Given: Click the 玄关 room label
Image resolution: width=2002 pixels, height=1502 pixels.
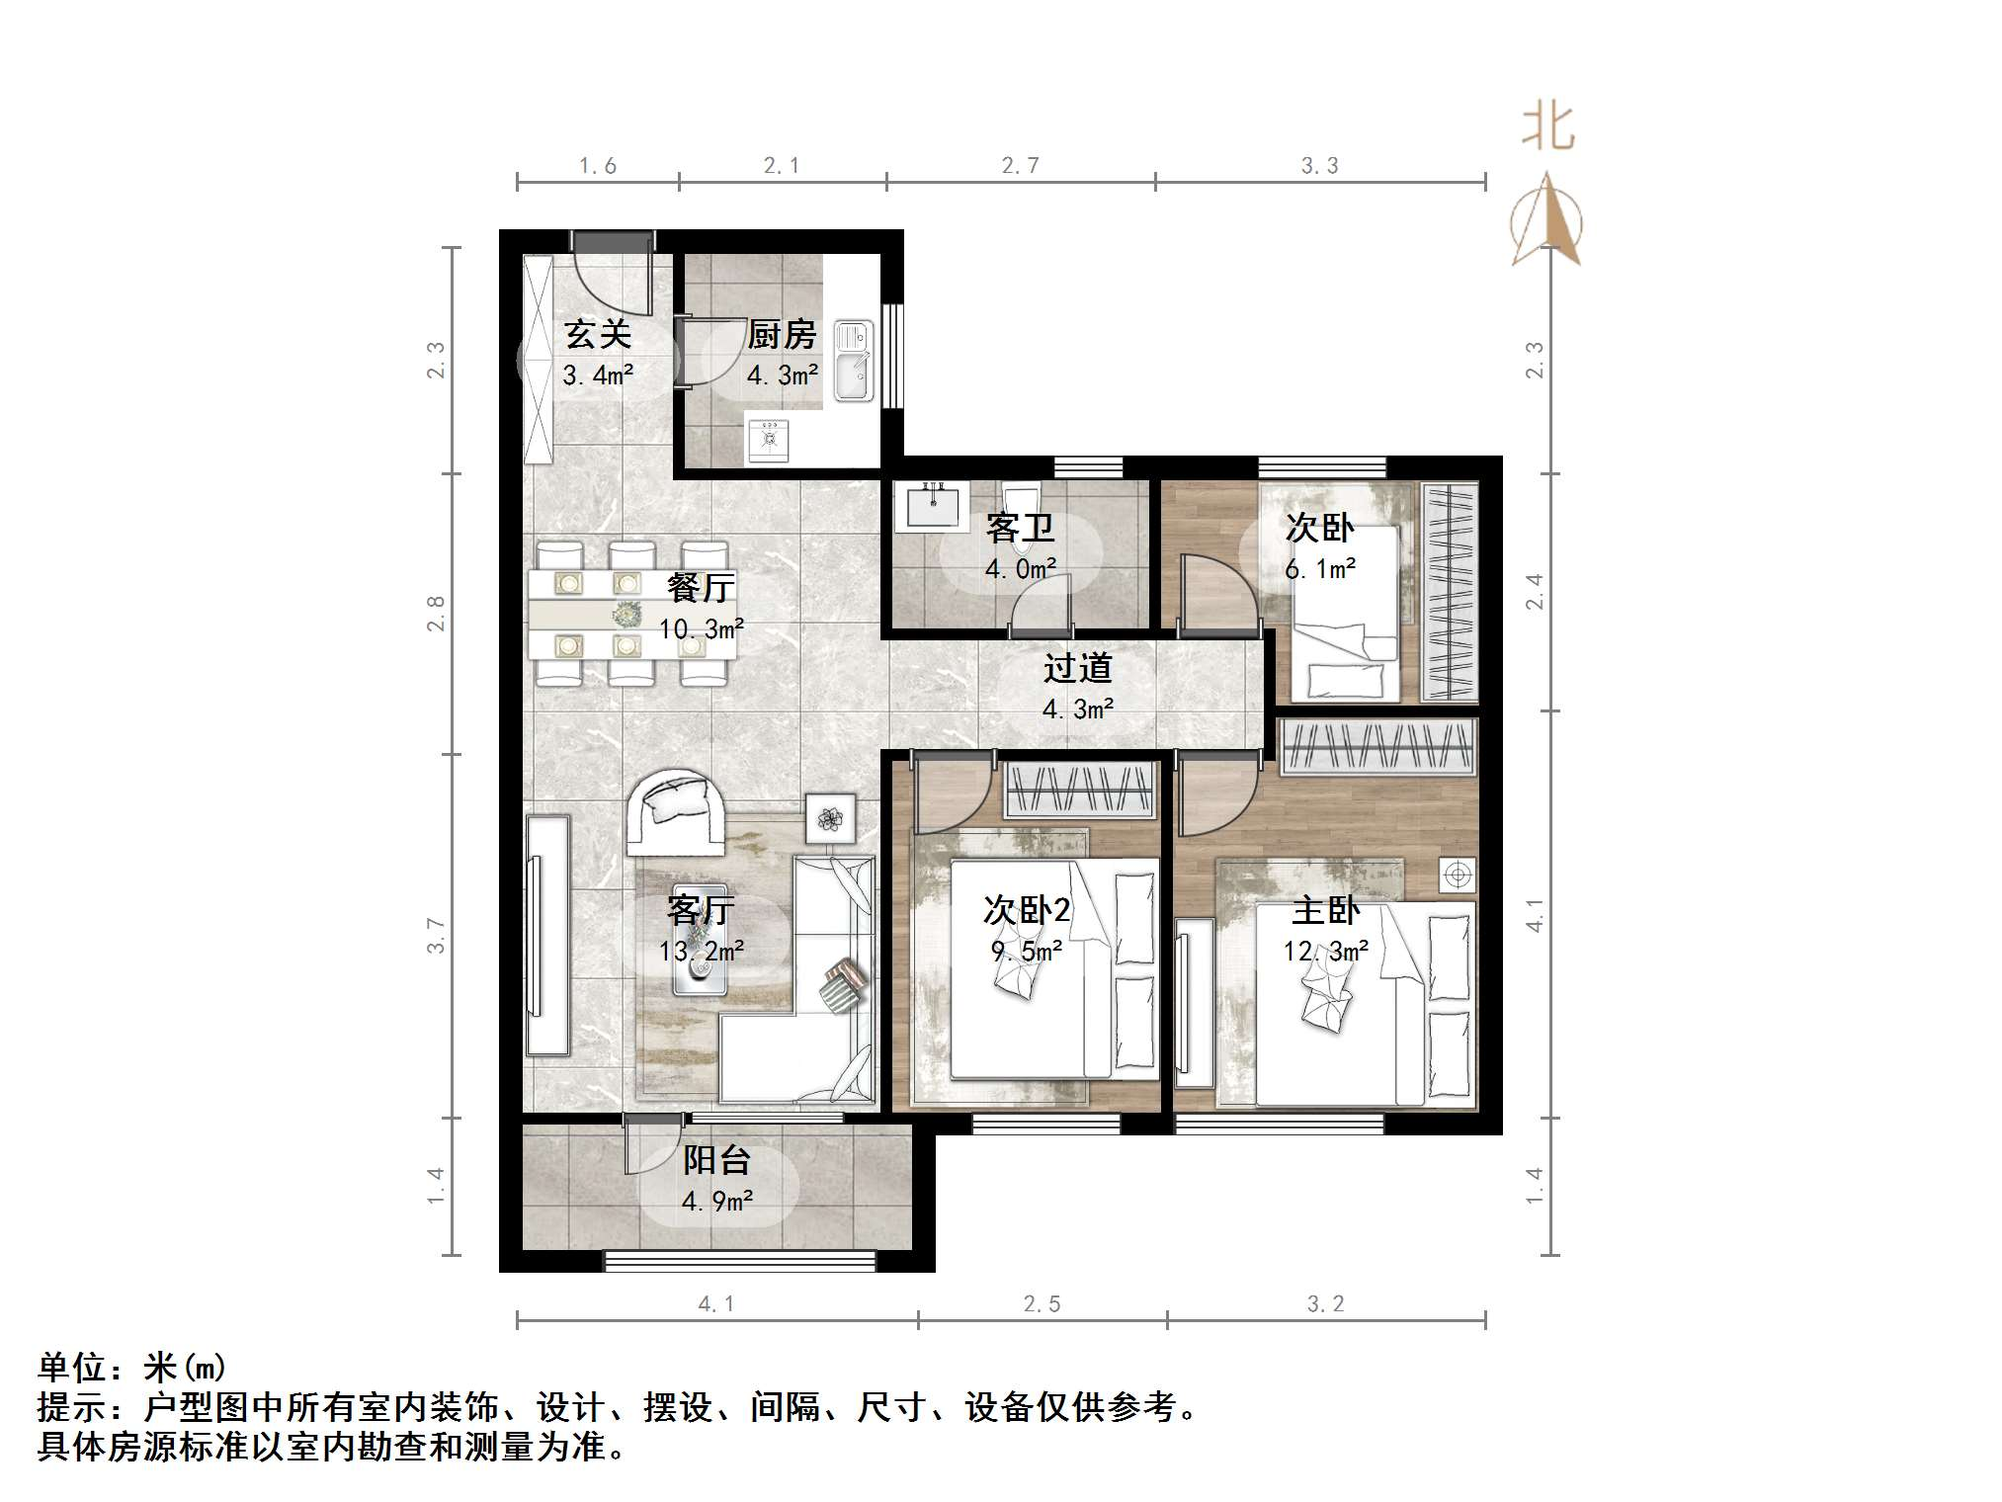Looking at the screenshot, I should pos(598,335).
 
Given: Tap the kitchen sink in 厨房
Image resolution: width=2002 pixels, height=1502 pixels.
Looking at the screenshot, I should pos(853,361).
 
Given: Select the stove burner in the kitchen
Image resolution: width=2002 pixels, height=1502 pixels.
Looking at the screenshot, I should pos(768,440).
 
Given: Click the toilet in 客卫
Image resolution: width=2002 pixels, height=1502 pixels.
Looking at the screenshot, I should pos(1019,498).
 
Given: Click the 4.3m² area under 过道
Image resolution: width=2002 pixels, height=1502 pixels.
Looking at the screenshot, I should pos(1077,709).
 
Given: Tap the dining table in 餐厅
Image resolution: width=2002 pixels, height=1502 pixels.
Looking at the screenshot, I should pos(630,615).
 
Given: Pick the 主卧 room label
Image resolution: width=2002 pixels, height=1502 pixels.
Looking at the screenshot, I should pos(1325,910).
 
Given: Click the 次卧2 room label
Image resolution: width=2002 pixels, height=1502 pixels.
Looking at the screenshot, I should pos(1027,910).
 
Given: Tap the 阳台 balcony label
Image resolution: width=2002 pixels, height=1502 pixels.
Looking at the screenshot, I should pos(716,1159).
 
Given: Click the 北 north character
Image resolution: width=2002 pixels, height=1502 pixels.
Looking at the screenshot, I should pos(1546,128).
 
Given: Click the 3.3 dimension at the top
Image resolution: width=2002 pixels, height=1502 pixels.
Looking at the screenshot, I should pos(1319,166).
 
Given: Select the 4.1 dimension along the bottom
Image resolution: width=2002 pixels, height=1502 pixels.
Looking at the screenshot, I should pos(716,1304).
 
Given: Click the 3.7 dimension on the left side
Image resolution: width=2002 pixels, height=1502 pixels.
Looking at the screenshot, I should pos(436,936).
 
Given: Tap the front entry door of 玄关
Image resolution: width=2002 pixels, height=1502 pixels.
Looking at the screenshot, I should pos(613,242).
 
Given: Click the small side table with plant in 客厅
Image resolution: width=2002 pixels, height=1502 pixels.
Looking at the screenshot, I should pos(830,818).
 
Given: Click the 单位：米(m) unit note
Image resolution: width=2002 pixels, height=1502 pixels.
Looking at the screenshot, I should pos(132,1368).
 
